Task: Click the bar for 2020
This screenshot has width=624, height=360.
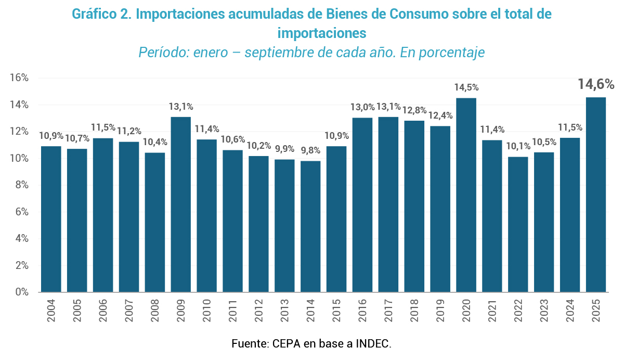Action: point(466,195)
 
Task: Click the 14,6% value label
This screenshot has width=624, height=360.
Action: point(596,84)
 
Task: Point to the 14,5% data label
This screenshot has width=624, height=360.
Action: point(466,87)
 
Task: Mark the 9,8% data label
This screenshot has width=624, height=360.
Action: point(311,150)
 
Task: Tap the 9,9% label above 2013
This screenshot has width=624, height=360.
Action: point(285,149)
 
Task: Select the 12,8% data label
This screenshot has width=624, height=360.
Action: point(414,110)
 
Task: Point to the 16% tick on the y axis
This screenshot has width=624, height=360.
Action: point(19,78)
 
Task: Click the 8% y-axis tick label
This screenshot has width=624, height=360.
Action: point(21,185)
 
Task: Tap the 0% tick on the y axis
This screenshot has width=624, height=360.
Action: point(21,292)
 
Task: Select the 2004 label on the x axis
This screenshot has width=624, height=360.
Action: point(51,310)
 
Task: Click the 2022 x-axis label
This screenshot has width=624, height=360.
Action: point(518,310)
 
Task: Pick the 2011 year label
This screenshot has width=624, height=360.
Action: point(232,310)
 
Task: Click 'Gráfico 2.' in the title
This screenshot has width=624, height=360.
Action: point(101,15)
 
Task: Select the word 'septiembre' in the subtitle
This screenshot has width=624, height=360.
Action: point(280,53)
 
